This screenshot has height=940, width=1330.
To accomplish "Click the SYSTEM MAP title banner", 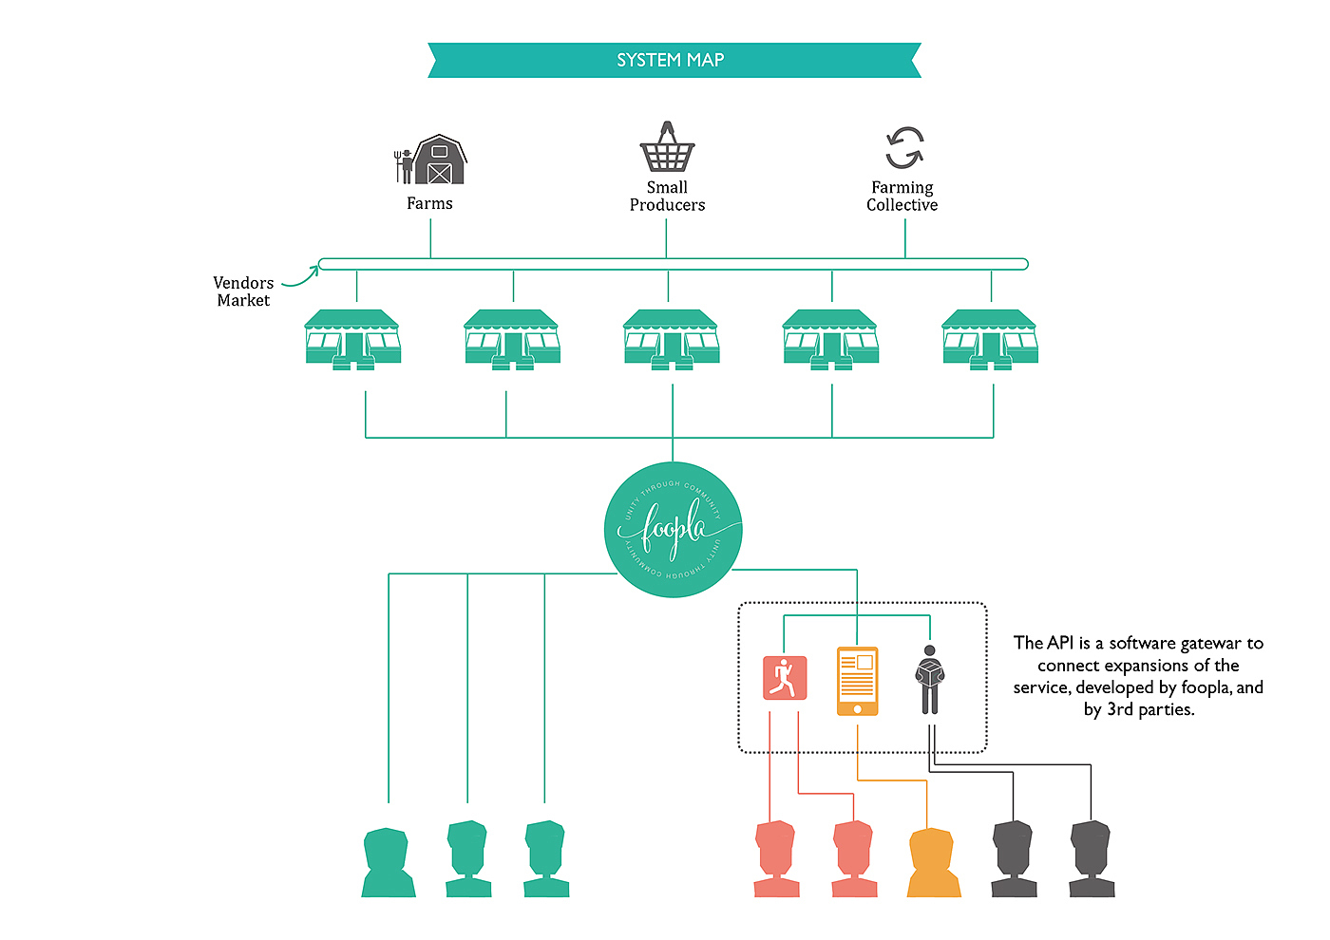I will pyautogui.click(x=674, y=60).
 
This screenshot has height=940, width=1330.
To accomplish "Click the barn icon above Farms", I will pyautogui.click(x=439, y=160).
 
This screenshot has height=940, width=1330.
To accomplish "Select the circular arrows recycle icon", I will pyautogui.click(x=903, y=148).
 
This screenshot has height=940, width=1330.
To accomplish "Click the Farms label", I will pyautogui.click(x=429, y=203).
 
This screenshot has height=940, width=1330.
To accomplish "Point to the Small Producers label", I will pyautogui.click(x=667, y=197).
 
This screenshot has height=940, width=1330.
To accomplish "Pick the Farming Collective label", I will pyautogui.click(x=902, y=197).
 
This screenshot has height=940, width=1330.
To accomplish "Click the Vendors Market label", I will pyautogui.click(x=243, y=291).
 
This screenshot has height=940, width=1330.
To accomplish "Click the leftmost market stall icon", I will pyautogui.click(x=352, y=338).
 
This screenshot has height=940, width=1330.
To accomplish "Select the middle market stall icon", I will pyautogui.click(x=671, y=338).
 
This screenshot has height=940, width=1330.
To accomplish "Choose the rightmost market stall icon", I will pyautogui.click(x=990, y=338).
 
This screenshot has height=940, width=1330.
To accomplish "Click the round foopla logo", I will pyautogui.click(x=673, y=529).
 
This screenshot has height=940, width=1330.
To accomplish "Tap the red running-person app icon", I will pyautogui.click(x=785, y=678).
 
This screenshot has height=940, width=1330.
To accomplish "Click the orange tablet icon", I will pyautogui.click(x=857, y=681).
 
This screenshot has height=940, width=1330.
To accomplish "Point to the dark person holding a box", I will pyautogui.click(x=929, y=679).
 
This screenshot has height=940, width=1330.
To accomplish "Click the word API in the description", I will pyautogui.click(x=1060, y=643).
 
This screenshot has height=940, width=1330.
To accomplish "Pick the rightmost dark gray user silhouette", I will pyautogui.click(x=1092, y=859).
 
